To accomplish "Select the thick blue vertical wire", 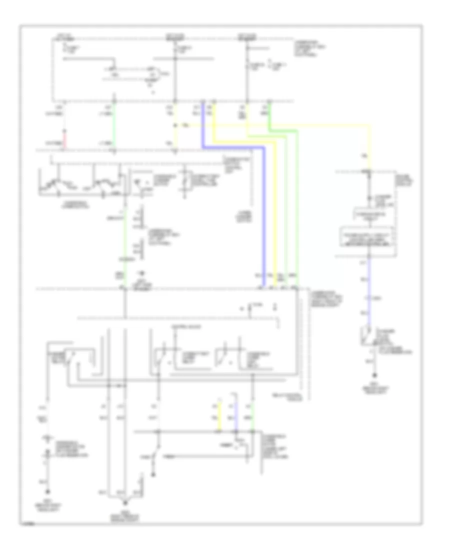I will (x=263, y=215).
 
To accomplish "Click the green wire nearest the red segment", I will (x=114, y=125).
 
